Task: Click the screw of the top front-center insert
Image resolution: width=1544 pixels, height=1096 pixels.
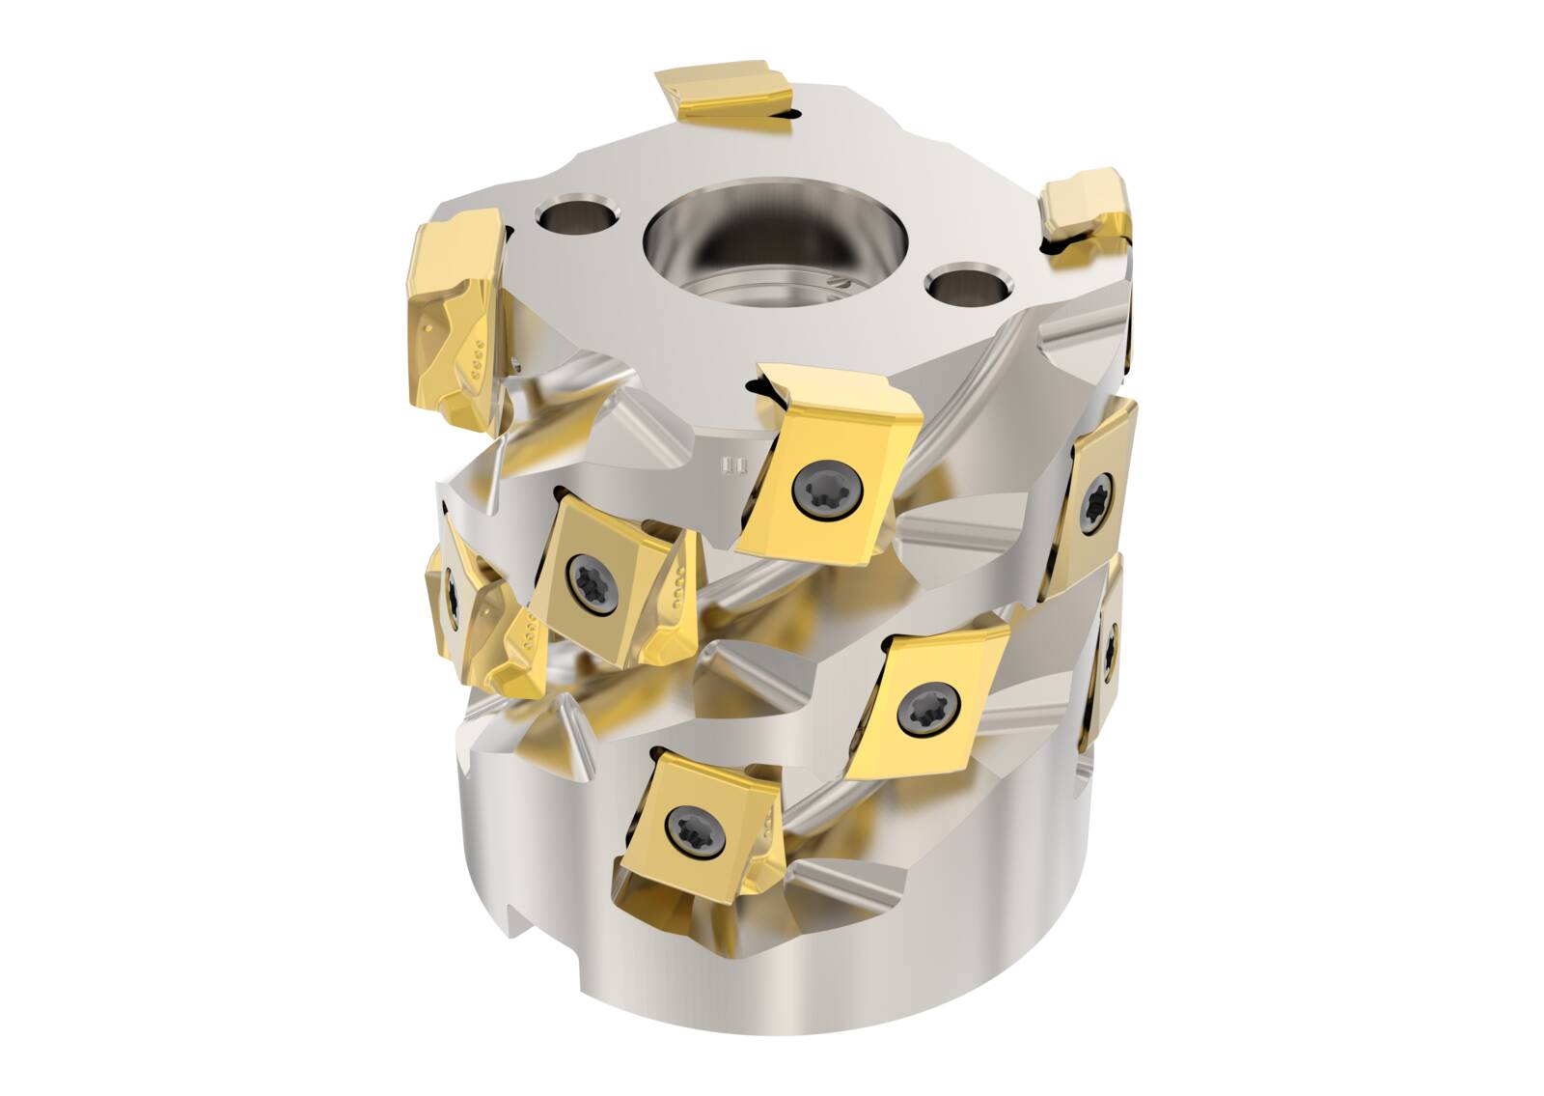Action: click(x=814, y=493)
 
